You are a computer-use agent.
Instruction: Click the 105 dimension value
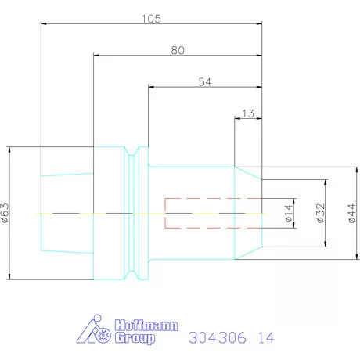click(x=151, y=18)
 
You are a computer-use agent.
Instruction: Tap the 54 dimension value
click(x=203, y=82)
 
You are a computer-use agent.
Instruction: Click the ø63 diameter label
click(x=7, y=212)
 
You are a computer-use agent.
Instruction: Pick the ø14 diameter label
click(x=288, y=214)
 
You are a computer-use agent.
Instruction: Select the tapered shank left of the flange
click(x=67, y=213)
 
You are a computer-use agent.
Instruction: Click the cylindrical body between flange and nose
click(x=192, y=188)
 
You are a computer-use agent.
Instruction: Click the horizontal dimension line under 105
click(x=94, y=24)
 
